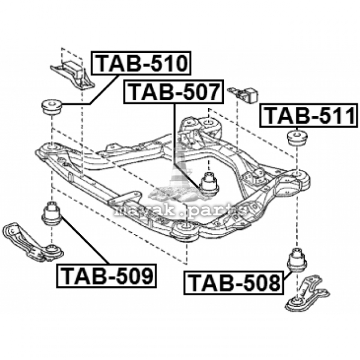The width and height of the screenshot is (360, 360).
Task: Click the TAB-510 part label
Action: tap(141, 63)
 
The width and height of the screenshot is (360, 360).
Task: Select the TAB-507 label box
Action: tap(173, 92)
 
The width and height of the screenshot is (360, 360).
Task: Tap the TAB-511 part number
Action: tap(309, 115)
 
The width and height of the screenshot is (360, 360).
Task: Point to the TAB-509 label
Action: tap(107, 276)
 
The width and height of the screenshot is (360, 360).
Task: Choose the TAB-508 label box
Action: tap(234, 283)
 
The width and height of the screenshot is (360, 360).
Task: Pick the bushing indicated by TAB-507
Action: tap(209, 183)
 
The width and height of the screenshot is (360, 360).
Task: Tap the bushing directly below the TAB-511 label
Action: tap(298, 139)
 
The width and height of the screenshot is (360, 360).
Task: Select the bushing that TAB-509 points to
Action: tap(52, 213)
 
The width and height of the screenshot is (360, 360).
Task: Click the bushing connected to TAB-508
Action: tap(298, 260)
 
